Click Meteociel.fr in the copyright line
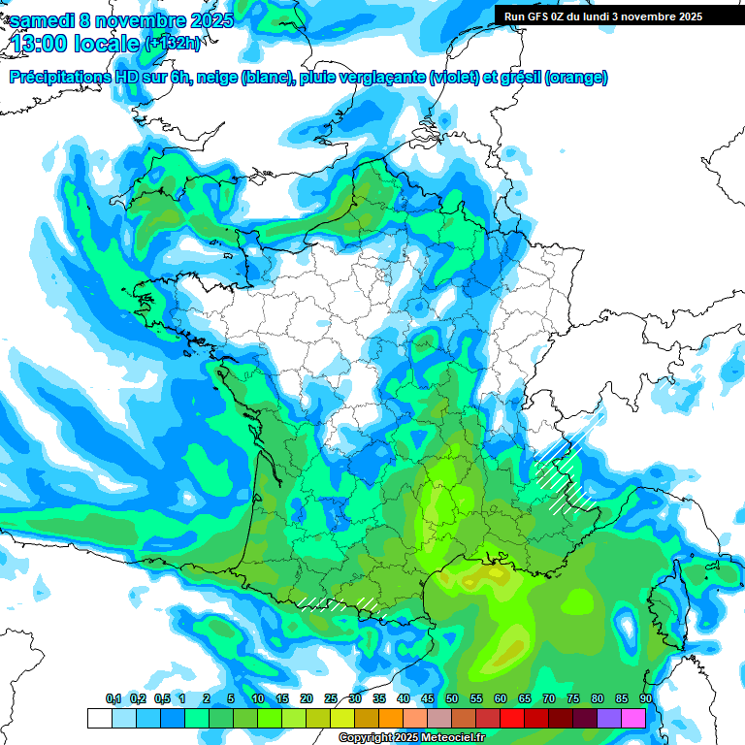[x=453, y=738]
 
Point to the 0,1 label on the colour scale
[x=113, y=699]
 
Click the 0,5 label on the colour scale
[x=161, y=699]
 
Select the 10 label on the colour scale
[x=258, y=699]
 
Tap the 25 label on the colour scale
[x=331, y=699]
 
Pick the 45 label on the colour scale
[x=428, y=699]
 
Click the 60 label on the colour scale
[x=501, y=699]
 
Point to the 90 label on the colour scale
[x=645, y=699]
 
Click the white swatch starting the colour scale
[x=99, y=718]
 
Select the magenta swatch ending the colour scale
[x=633, y=718]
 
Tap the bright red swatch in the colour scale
[x=511, y=718]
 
